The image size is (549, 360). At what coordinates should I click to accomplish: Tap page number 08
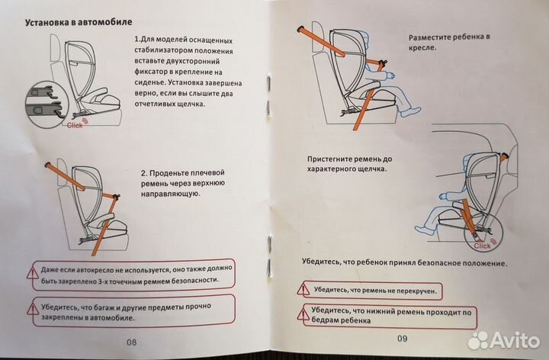pyautogui.click(x=130, y=342)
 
